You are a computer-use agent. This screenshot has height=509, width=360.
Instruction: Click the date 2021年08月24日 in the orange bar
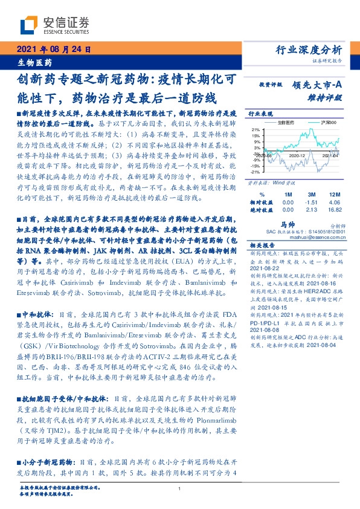[x=54, y=50]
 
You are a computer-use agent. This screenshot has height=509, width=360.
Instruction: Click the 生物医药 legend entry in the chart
[x=284, y=122]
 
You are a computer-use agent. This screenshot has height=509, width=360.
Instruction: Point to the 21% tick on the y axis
[x=255, y=129]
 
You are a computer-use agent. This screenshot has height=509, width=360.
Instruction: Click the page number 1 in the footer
[x=180, y=488]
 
